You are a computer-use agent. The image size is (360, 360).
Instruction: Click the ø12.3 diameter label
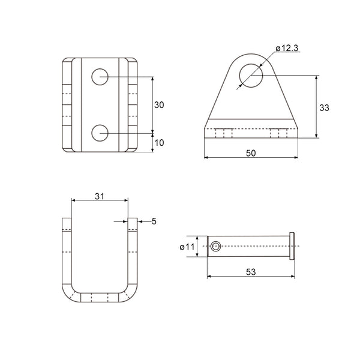287,48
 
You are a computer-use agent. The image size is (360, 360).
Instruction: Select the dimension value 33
324,107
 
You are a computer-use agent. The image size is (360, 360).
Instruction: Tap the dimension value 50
251,153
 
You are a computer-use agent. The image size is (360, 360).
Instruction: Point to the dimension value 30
159,105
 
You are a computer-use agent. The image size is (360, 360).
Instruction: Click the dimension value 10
159,143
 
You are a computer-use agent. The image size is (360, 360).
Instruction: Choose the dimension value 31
100,196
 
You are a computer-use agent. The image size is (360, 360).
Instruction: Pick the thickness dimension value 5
154,221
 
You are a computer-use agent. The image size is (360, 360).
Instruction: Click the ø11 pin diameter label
187,247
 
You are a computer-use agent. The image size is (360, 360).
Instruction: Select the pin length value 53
251,272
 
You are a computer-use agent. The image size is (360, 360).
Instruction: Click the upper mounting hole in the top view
100,77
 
